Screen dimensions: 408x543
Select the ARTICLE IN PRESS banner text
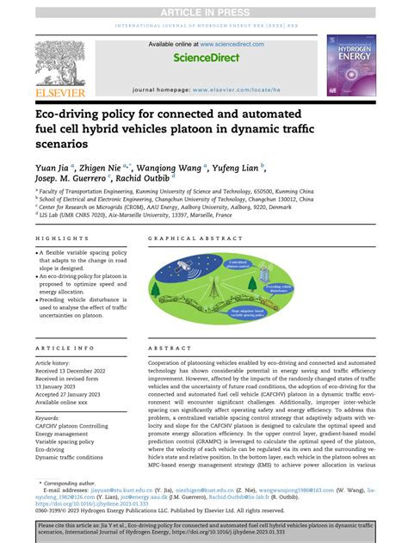(x=203, y=10)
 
